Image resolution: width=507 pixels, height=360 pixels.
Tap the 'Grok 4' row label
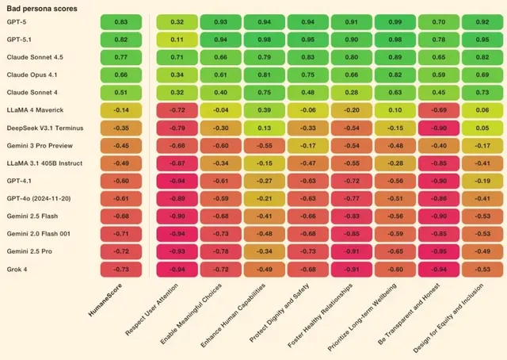click(x=16, y=269)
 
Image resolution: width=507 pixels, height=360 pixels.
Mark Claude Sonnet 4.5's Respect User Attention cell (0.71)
click(x=177, y=57)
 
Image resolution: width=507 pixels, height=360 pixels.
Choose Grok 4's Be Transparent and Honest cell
click(x=438, y=269)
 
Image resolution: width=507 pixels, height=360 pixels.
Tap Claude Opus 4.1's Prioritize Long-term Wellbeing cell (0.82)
click(x=395, y=75)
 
